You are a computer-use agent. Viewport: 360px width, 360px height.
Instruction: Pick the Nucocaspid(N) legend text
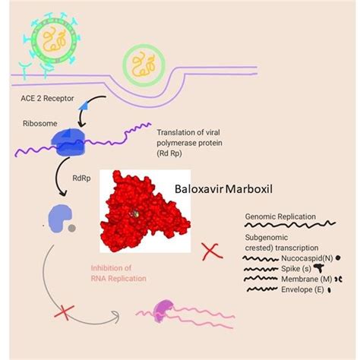coord(297,259)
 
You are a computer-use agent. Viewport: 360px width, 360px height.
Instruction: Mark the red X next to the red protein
coord(210,251)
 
